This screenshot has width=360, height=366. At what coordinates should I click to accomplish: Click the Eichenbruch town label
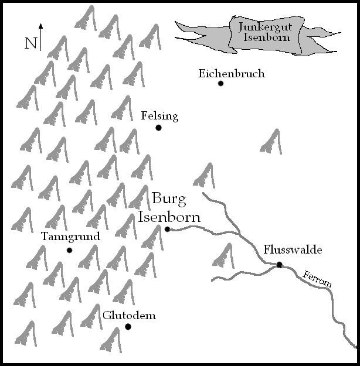(x=232, y=74)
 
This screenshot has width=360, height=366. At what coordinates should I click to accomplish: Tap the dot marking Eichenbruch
(x=220, y=83)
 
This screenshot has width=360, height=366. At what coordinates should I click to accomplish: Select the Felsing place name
(x=159, y=116)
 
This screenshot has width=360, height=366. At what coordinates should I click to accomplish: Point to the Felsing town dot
(x=158, y=128)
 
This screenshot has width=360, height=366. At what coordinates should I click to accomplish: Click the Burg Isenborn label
(x=169, y=208)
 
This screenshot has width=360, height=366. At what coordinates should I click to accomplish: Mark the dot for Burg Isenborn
(x=167, y=229)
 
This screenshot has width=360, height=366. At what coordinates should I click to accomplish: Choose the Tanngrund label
(x=71, y=237)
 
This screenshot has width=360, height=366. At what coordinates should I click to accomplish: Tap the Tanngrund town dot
(x=69, y=250)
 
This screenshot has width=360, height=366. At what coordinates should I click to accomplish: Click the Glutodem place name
(x=129, y=316)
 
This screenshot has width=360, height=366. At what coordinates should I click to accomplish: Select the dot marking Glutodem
(x=128, y=327)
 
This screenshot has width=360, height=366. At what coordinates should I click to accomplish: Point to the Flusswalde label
(x=293, y=250)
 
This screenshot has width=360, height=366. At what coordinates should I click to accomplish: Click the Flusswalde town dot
(x=280, y=265)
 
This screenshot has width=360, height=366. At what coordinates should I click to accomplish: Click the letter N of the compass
(x=31, y=43)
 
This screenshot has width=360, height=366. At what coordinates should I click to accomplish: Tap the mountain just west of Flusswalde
(x=222, y=255)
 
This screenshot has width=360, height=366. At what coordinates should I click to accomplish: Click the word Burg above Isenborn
(x=169, y=198)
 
